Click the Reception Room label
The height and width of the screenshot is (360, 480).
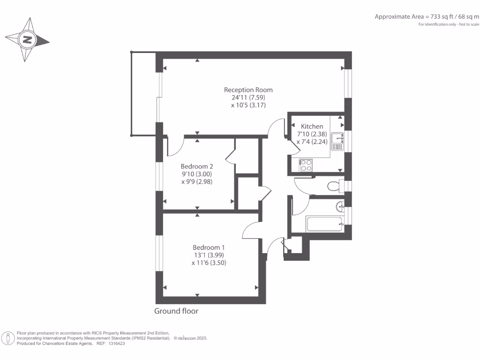248,90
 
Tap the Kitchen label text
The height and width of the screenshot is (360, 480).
312,127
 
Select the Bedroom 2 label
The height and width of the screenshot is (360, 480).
197,166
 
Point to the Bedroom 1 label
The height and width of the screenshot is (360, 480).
209,247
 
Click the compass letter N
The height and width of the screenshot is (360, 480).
27,40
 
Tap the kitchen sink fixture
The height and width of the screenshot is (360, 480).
337,142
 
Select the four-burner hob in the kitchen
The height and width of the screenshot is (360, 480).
306,165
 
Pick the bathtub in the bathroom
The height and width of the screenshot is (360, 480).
324,225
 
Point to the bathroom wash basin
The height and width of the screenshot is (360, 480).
340,207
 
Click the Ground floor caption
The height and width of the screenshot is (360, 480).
176,311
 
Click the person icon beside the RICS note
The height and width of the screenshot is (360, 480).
8,339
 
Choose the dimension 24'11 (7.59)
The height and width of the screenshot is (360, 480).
248,97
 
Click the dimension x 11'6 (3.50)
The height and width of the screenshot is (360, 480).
209,263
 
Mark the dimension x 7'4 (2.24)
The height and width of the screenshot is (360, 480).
312,142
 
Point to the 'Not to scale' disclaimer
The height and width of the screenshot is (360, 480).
469,24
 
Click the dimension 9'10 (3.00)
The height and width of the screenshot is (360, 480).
197,174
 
